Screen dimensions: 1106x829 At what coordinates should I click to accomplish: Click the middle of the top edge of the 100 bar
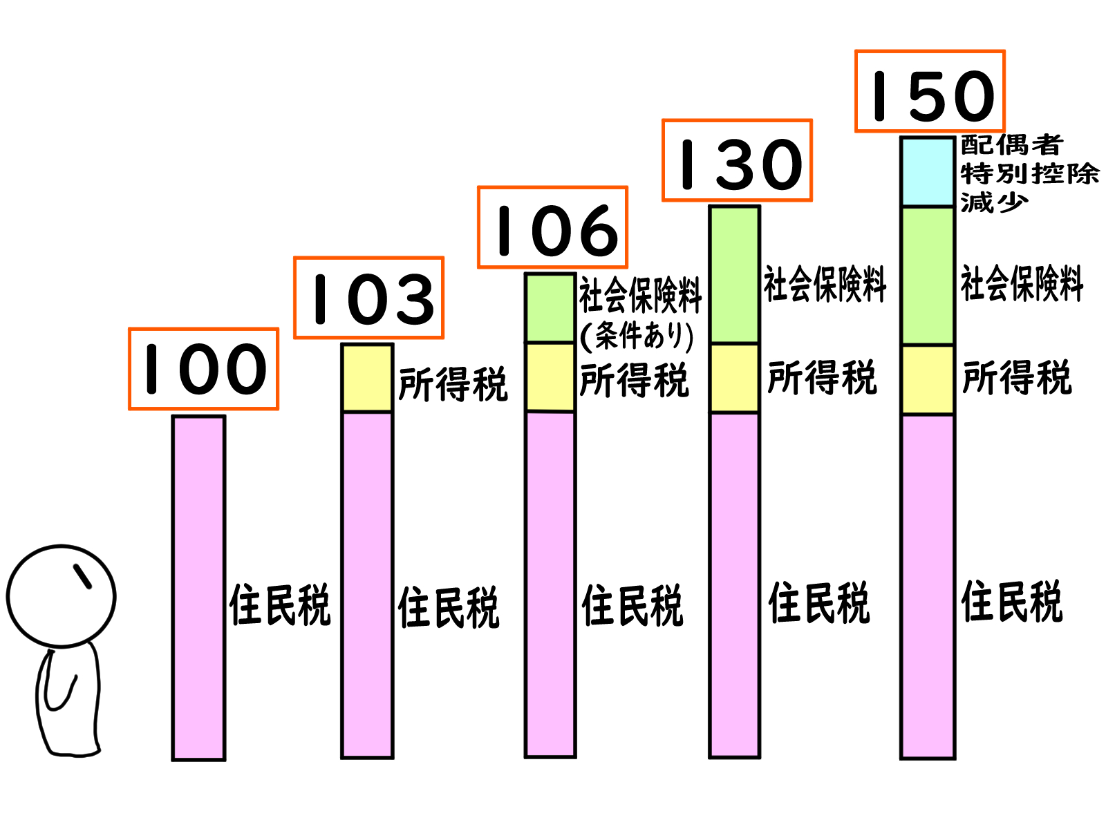(x=198, y=417)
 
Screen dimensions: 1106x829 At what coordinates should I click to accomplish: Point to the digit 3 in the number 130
(x=738, y=164)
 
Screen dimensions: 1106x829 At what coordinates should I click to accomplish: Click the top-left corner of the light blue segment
(x=901, y=137)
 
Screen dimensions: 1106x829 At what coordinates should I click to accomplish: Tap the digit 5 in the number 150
(x=930, y=95)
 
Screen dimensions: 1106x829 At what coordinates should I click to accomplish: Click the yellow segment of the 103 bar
(x=367, y=377)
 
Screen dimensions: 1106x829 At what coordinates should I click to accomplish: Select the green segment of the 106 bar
(x=550, y=308)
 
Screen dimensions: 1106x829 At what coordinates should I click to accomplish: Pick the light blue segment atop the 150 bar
(x=928, y=171)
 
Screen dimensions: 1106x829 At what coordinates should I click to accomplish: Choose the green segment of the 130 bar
(x=735, y=274)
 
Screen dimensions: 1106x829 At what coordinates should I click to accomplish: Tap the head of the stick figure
(x=62, y=596)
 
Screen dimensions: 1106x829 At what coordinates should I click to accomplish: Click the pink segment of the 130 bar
(x=735, y=585)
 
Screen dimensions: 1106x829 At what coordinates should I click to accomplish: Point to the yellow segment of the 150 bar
(x=928, y=380)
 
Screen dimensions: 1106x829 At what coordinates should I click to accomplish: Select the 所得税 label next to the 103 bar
(x=453, y=384)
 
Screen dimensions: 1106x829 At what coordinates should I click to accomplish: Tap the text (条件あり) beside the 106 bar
(x=637, y=336)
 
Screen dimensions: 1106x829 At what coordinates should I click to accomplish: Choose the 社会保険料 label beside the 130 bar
(x=825, y=284)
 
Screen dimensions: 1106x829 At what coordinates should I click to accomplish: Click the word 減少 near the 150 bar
(x=993, y=202)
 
